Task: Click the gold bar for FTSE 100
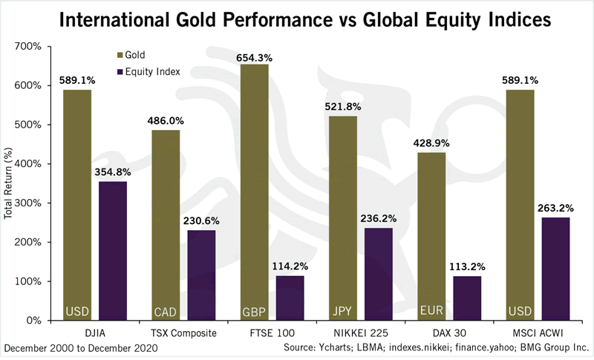click(255, 193)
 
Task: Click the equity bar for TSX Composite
click(200, 275)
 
